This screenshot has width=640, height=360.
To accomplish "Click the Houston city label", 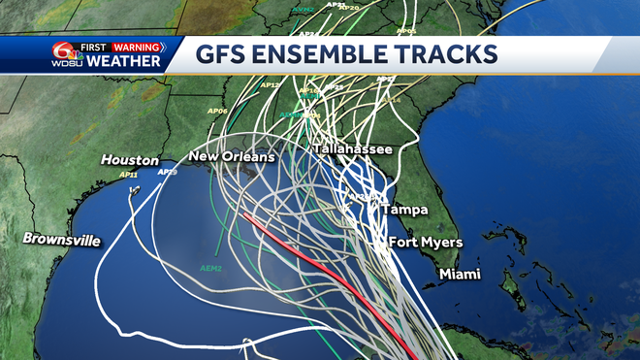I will tap(130, 160).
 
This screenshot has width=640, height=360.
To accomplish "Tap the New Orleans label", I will tap(232, 156).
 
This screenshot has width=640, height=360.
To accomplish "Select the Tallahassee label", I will tap(352, 149).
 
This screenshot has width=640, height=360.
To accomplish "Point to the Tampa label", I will tap(404, 209).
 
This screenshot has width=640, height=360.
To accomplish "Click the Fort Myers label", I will tap(426, 242).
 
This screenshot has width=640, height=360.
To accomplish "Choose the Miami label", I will tap(460, 275).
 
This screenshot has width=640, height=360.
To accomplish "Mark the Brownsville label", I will tap(62, 239).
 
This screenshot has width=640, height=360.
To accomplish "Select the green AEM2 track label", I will tap(210, 268).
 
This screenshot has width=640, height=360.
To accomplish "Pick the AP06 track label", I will tap(217, 111).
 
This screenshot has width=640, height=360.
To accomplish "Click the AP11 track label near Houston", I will tap(128, 175).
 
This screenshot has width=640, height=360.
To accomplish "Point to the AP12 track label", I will tap(272, 85).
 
